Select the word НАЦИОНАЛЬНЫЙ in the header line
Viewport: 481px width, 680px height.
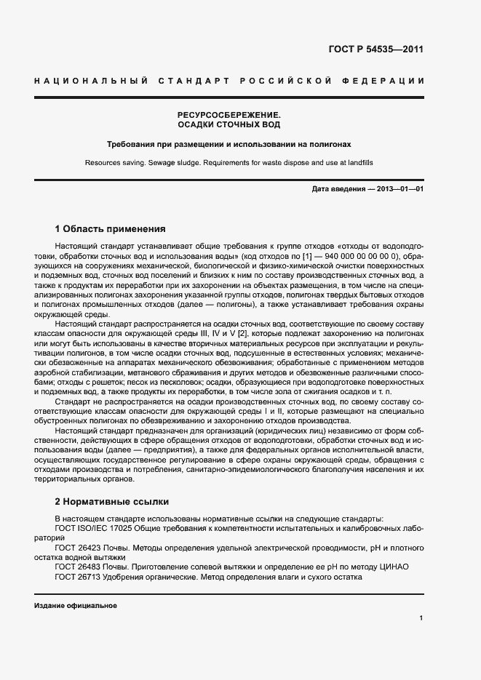pyautogui.click(x=91, y=79)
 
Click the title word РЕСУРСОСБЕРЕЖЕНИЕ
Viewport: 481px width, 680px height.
pyautogui.click(x=229, y=115)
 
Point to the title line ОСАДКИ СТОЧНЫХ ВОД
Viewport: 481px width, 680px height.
pyautogui.click(x=229, y=125)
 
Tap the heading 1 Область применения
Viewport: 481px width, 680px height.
pyautogui.click(x=111, y=228)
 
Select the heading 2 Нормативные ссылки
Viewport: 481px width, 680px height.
pyautogui.click(x=112, y=501)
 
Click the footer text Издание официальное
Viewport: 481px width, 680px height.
pyautogui.click(x=76, y=605)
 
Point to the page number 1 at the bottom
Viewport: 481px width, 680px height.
pyautogui.click(x=421, y=618)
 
